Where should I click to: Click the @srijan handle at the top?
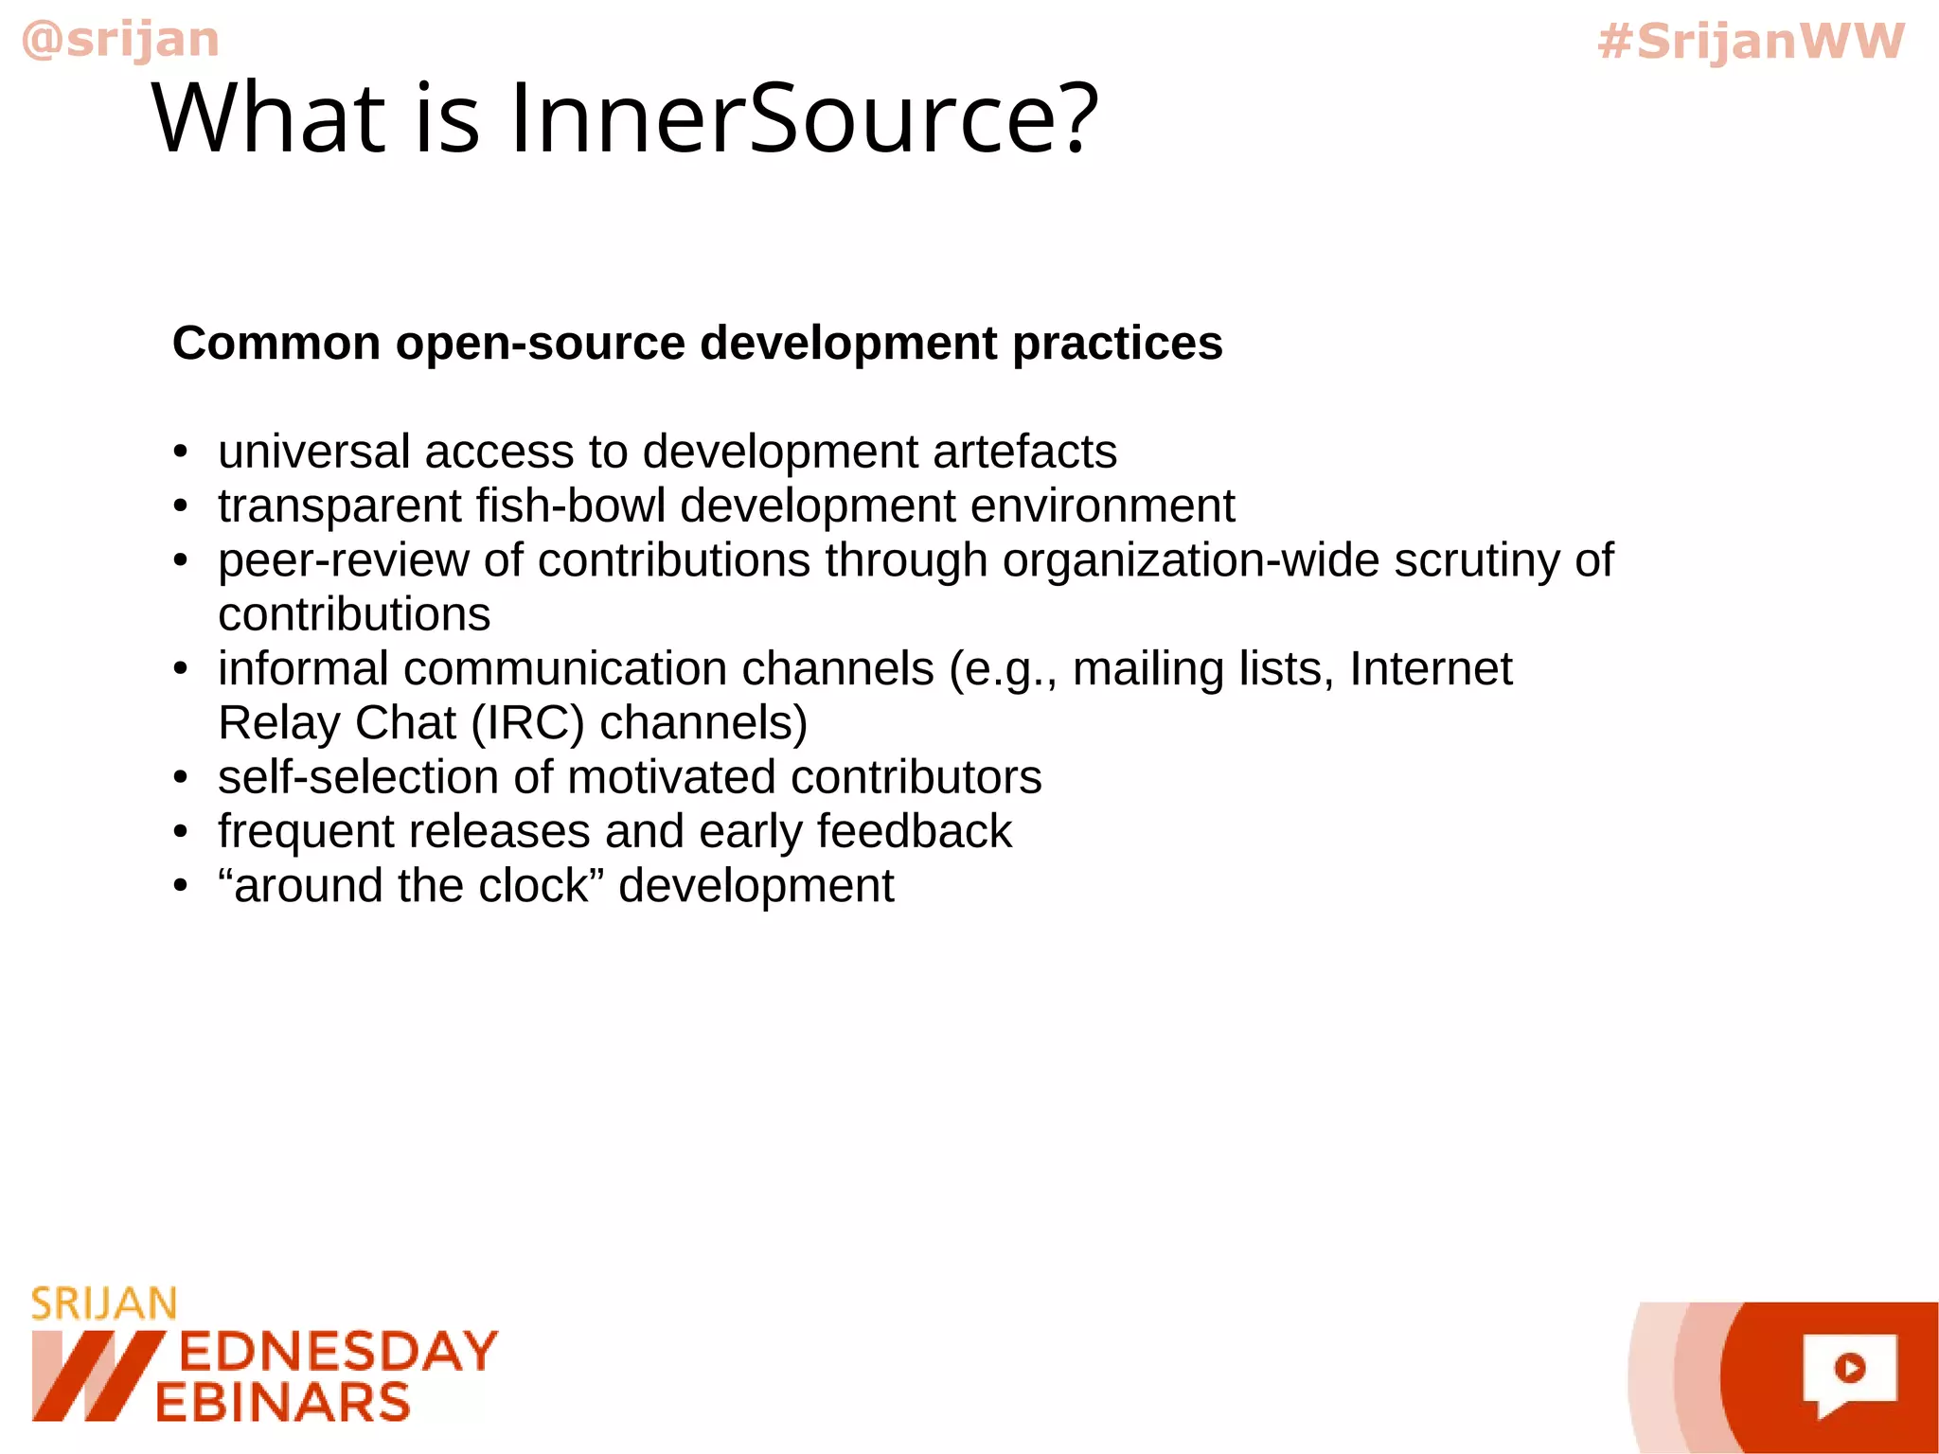click(x=120, y=40)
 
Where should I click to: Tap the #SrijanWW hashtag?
click(x=1750, y=42)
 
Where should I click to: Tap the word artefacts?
click(x=1024, y=452)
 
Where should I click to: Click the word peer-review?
click(x=343, y=560)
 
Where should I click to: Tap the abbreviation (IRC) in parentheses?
click(x=527, y=723)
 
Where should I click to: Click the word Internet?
click(x=1431, y=668)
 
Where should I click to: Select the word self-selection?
click(x=358, y=777)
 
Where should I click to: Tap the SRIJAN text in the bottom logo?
click(x=104, y=1304)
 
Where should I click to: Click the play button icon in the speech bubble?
click(x=1849, y=1368)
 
